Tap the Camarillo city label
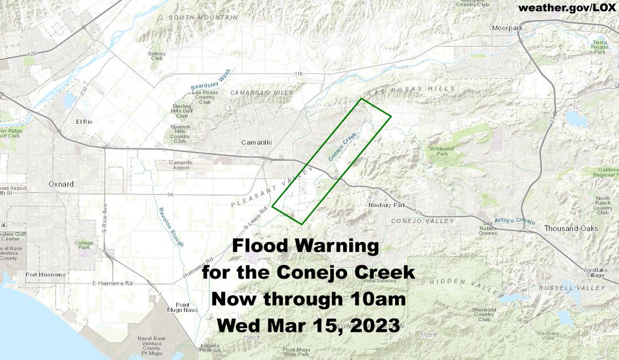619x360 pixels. point(257,142)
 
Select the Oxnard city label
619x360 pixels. point(61,184)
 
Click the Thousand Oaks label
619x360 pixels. point(571,228)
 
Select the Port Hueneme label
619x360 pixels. point(45,275)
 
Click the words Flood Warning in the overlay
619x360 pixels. point(305,246)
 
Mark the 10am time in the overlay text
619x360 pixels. point(381,299)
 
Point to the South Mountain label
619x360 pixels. point(203,18)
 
